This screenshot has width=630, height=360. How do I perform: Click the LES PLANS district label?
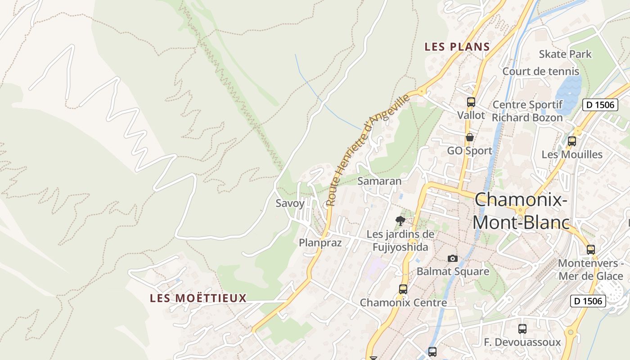[457, 47]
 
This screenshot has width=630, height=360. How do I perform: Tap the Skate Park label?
[565, 54]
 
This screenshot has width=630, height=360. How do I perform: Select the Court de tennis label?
[540, 72]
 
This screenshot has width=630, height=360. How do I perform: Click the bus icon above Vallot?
[471, 102]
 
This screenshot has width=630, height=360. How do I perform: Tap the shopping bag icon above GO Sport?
[470, 137]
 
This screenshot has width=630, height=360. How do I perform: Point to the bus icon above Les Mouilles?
[571, 141]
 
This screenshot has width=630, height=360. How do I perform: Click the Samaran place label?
[379, 181]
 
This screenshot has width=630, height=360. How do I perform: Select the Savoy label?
[290, 203]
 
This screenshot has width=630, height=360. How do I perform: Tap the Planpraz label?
[320, 243]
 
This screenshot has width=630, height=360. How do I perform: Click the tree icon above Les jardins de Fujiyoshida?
[400, 220]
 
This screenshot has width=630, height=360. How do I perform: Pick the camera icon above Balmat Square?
[453, 258]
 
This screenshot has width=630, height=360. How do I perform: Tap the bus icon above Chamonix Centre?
[403, 289]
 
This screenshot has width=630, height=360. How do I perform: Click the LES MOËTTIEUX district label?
[198, 298]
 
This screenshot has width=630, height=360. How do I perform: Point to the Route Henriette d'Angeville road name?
[368, 149]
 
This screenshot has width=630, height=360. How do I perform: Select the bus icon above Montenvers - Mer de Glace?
[590, 249]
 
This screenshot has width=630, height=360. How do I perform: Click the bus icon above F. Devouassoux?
[522, 329]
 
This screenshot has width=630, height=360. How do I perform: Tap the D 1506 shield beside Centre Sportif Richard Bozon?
[599, 105]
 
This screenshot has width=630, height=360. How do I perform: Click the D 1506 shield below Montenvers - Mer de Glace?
[588, 301]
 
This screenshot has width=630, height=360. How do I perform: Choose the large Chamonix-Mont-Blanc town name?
[521, 211]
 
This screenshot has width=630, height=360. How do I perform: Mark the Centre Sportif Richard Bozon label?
[527, 111]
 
